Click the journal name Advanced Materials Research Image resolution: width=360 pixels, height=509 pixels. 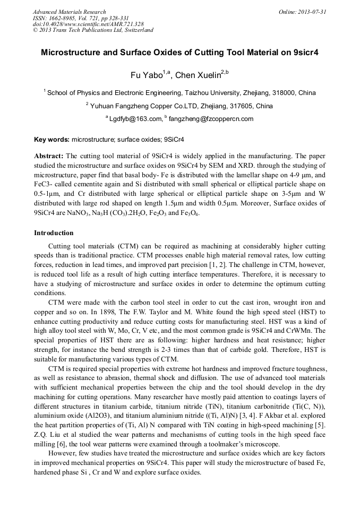69,12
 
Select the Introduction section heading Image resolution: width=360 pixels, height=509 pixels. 54,233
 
